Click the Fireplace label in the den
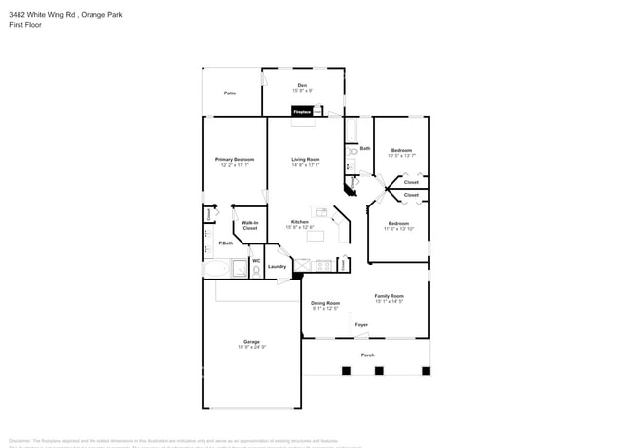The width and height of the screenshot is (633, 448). tap(303, 112)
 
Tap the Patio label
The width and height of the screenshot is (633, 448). tap(230, 93)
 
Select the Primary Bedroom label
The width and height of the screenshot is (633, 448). tap(235, 159)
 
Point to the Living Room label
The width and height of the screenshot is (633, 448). tap(306, 159)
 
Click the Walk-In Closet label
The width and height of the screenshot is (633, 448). tap(250, 225)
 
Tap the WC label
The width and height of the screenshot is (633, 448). tap(256, 260)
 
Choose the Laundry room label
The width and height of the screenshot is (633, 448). tap(277, 266)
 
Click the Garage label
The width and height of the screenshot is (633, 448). tap(251, 342)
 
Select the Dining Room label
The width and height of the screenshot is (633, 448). tap(325, 303)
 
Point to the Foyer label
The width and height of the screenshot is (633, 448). tap(361, 324)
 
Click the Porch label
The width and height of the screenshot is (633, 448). tap(367, 355)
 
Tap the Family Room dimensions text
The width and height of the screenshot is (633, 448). tap(389, 302)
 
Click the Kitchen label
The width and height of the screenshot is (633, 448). tap(300, 221)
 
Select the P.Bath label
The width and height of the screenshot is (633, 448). tap(225, 243)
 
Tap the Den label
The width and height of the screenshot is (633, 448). tap(302, 86)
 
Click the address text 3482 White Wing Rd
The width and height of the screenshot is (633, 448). tap(40, 15)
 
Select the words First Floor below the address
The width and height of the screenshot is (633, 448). tap(25, 26)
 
